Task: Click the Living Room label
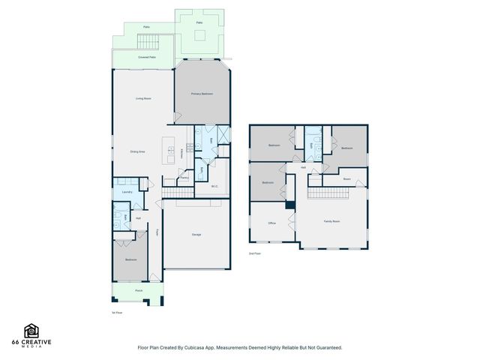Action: (x=144, y=99)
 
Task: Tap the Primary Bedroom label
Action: (x=202, y=94)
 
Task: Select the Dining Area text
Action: (x=138, y=151)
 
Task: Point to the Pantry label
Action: (x=184, y=178)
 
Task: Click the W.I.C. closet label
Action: (x=214, y=186)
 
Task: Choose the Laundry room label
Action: (x=127, y=192)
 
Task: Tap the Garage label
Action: (x=196, y=235)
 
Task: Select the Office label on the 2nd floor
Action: (x=272, y=223)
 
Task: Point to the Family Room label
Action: (x=331, y=222)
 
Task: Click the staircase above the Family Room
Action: (x=329, y=194)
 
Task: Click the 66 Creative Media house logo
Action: (x=31, y=331)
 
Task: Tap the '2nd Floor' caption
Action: (x=255, y=254)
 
